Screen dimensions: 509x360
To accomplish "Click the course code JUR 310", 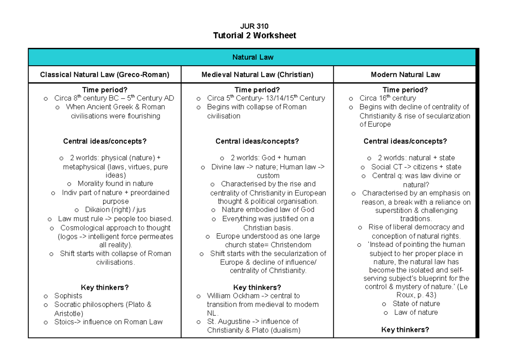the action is (x=254, y=26).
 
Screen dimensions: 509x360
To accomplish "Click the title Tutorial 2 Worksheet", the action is (x=254, y=36).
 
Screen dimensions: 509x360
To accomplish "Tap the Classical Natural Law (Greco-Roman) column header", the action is (x=104, y=75).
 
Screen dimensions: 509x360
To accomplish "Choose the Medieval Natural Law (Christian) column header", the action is (x=257, y=75).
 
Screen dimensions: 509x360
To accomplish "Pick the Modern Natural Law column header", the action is (x=405, y=75).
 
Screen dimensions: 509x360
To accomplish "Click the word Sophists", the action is (x=68, y=296).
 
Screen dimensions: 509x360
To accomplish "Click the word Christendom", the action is (x=291, y=245).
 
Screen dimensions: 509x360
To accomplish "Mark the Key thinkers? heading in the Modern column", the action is (x=405, y=330).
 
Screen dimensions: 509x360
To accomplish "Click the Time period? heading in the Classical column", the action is (x=104, y=90).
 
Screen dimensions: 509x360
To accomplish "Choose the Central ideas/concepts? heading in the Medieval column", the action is (x=257, y=141).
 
